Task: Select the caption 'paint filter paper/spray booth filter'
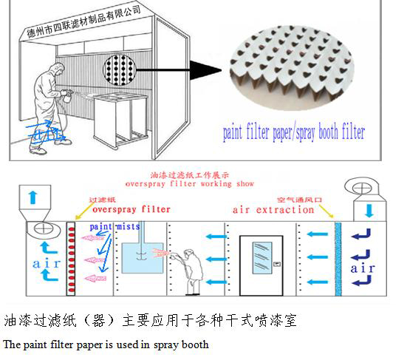[294, 134]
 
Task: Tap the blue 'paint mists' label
[111, 226]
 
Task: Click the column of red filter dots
[71, 259]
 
